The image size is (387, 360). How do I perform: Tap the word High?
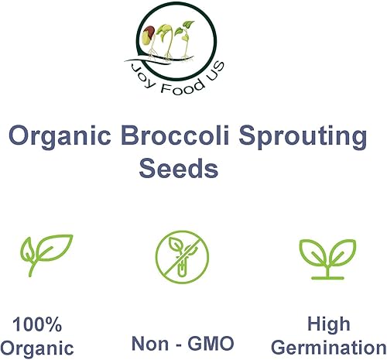[328, 323]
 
